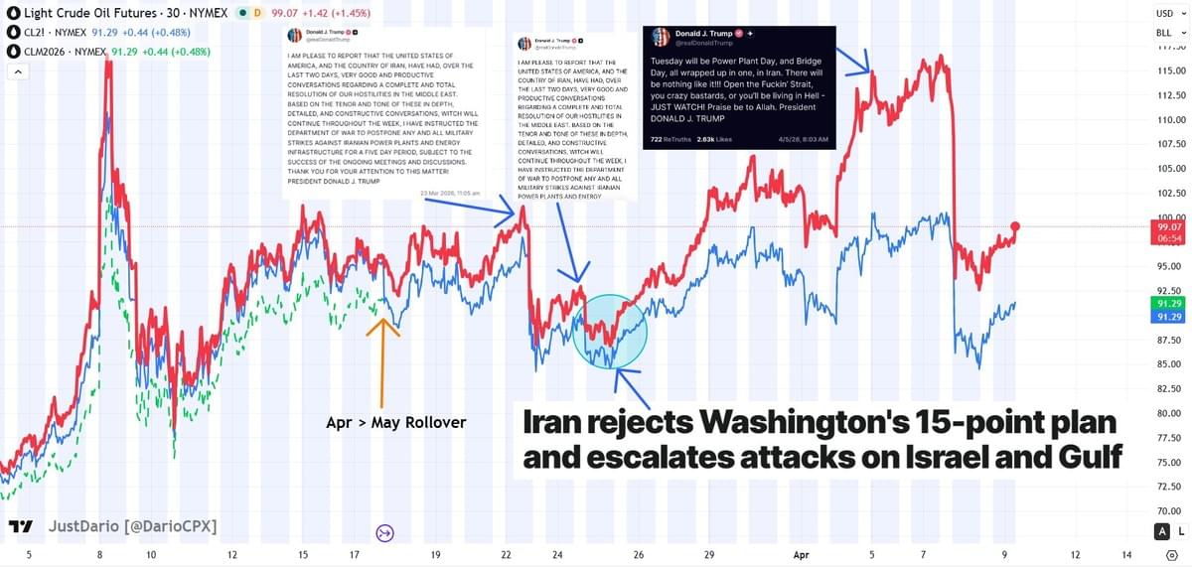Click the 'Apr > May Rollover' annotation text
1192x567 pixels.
tap(395, 423)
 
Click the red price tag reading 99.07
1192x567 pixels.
tap(1164, 231)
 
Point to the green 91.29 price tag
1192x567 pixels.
tap(1164, 303)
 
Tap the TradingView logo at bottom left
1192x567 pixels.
tap(20, 525)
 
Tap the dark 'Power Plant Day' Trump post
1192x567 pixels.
tap(740, 87)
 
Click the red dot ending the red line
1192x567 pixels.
tap(1015, 226)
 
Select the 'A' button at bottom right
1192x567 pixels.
tap(1161, 532)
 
